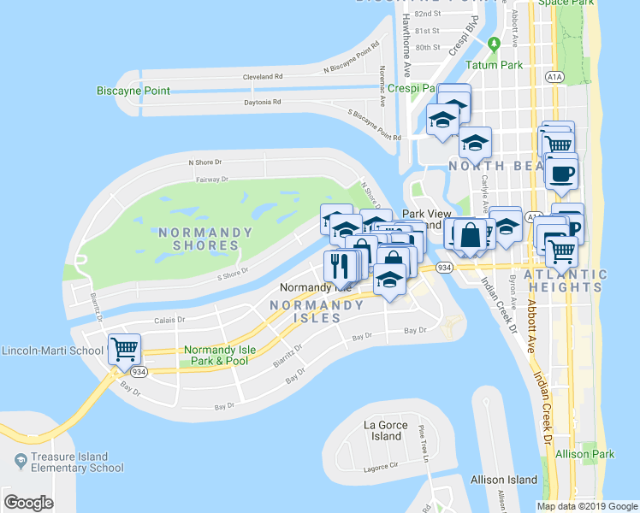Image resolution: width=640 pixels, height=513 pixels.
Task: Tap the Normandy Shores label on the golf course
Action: pyautogui.click(x=204, y=239)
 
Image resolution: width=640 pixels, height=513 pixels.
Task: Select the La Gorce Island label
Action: pyautogui.click(x=382, y=430)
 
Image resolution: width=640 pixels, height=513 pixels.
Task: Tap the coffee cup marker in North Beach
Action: pyautogui.click(x=561, y=174)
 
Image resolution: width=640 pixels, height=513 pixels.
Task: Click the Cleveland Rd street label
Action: pyautogui.click(x=263, y=76)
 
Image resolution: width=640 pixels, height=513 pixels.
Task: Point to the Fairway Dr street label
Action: pyautogui.click(x=213, y=180)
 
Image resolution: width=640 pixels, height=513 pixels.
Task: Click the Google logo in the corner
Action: pyautogui.click(x=28, y=503)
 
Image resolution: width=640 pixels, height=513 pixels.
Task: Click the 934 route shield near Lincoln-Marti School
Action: pyautogui.click(x=136, y=372)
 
